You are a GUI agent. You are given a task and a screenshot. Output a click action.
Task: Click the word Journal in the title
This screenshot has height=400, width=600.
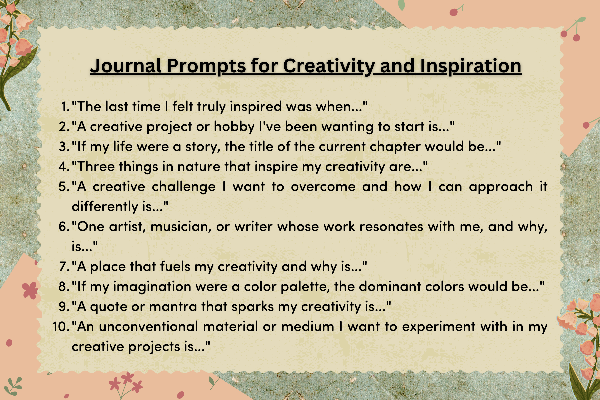(x=126, y=66)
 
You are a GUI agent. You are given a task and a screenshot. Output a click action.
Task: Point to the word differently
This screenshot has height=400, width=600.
(x=105, y=207)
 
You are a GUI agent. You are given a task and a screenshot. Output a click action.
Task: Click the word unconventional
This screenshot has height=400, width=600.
(x=149, y=327)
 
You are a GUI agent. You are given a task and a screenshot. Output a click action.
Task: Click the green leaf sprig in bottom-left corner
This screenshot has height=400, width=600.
(x=14, y=386)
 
